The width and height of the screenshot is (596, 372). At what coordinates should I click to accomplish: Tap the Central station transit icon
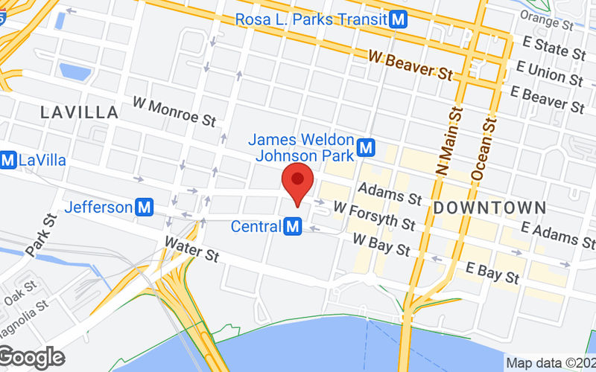pyautogui.click(x=293, y=225)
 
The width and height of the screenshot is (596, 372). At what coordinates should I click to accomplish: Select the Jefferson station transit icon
pyautogui.click(x=145, y=208)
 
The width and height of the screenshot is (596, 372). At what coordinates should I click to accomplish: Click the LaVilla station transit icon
pyautogui.click(x=8, y=160)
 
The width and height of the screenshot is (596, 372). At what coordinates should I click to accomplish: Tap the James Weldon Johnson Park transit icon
pyautogui.click(x=365, y=148)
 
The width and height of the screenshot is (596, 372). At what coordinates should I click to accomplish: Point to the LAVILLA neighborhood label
pyautogui.click(x=80, y=113)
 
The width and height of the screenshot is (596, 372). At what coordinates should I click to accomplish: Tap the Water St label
pyautogui.click(x=191, y=248)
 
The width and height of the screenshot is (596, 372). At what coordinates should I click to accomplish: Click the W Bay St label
pyautogui.click(x=381, y=244)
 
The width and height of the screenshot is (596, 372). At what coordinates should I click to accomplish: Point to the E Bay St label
pyautogui.click(x=492, y=272)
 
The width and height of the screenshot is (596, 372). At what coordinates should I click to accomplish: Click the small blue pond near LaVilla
pyautogui.click(x=74, y=71)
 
